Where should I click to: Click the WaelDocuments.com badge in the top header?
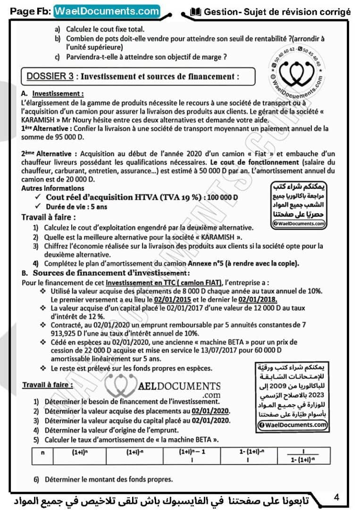[x=107, y=10]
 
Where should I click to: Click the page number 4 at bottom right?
[x=336, y=497]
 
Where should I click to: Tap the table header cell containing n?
[x=43, y=451]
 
